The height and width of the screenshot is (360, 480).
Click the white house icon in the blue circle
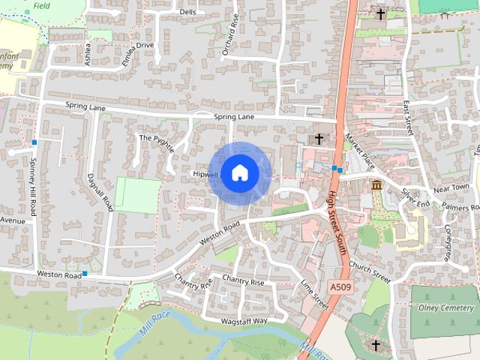tap(239, 173)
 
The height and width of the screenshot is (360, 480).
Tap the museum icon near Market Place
tap(376, 185)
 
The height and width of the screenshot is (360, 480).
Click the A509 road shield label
tap(339, 286)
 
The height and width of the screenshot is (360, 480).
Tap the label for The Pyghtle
tap(156, 142)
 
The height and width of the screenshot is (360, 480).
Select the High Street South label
tap(336, 222)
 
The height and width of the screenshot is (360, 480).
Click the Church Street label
tap(370, 272)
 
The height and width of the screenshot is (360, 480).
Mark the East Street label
tap(408, 118)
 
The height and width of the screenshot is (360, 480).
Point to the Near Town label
tap(451, 187)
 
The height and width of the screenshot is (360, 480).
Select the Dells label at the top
tap(187, 12)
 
